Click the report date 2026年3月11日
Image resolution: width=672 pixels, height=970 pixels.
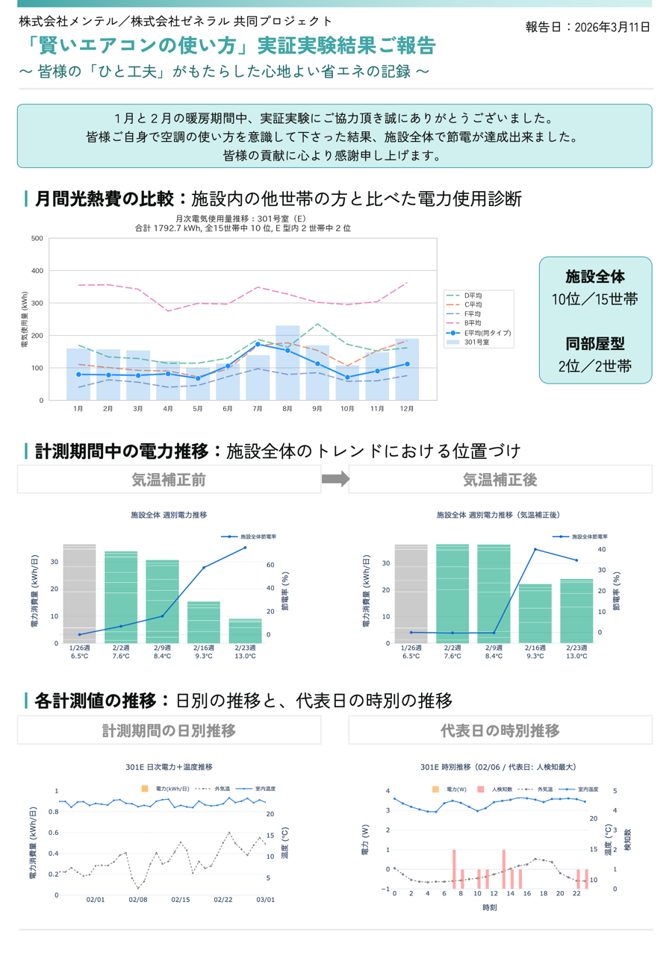(612, 28)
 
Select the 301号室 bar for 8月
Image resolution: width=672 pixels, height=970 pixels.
(287, 363)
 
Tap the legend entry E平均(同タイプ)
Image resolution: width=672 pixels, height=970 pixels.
(479, 333)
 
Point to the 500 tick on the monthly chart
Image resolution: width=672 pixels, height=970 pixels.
(37, 238)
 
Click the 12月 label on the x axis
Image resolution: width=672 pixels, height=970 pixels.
(406, 408)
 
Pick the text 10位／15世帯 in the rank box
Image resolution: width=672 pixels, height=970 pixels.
(594, 299)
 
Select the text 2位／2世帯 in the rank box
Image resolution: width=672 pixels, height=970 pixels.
(594, 366)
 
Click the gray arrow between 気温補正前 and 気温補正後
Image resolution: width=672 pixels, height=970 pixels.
(335, 478)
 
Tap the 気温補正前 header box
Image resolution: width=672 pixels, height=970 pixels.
(169, 479)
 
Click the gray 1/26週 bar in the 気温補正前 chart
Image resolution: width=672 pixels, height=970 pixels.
(79, 593)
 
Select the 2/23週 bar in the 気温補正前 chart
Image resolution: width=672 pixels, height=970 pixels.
(245, 630)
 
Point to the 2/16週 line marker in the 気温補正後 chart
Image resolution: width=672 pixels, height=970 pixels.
(535, 549)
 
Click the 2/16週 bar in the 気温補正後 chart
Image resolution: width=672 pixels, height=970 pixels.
(535, 613)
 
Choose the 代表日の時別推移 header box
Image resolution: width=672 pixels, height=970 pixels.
(500, 730)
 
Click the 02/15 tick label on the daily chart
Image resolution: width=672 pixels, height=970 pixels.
(180, 899)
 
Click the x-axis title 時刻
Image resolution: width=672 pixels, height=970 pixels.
(490, 907)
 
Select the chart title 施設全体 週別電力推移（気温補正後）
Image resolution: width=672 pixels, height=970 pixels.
(498, 515)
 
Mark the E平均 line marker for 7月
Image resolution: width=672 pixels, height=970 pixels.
(258, 344)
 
